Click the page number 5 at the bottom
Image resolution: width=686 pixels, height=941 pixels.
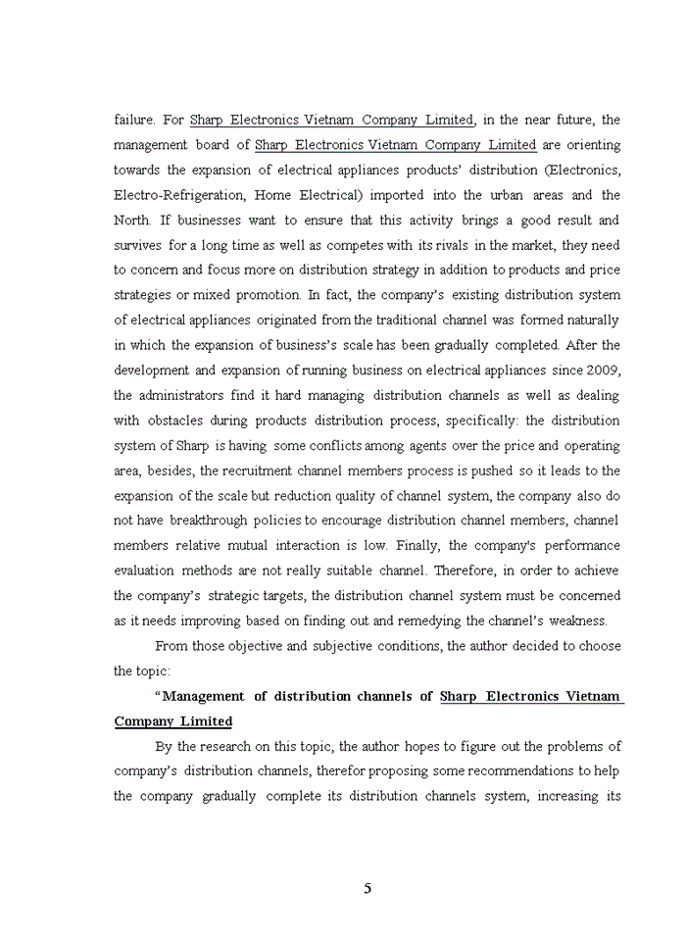pyautogui.click(x=367, y=889)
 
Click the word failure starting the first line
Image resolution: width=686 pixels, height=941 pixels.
pyautogui.click(x=134, y=121)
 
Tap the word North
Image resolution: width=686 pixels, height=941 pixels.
pyautogui.click(x=134, y=221)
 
